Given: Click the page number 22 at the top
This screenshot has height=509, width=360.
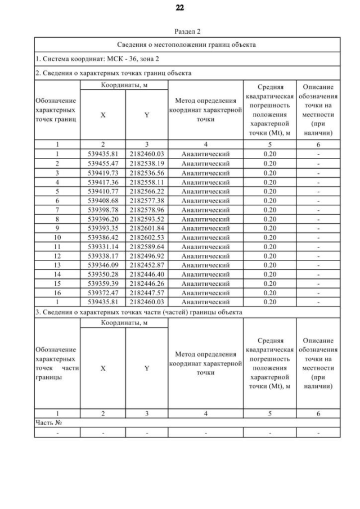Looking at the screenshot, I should coord(179,8).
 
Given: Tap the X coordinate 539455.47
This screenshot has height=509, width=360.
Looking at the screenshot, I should coord(103,163).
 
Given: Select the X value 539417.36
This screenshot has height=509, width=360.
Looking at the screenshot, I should coord(103,182).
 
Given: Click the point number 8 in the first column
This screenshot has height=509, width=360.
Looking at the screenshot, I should coord(57,219).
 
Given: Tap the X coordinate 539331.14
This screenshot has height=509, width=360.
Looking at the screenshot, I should coord(103,247).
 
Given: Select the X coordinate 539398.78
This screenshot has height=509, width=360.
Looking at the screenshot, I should coord(103,210).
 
